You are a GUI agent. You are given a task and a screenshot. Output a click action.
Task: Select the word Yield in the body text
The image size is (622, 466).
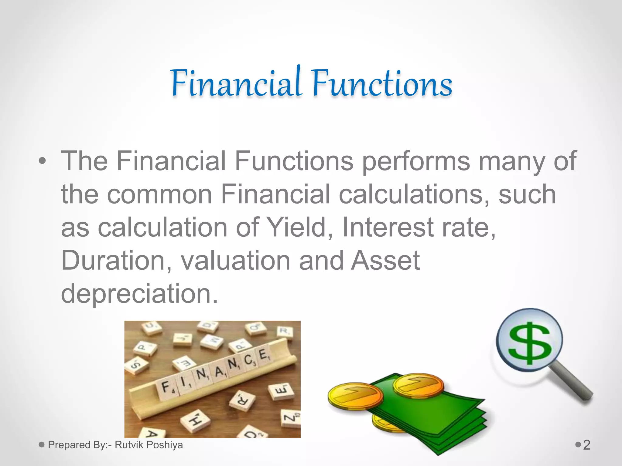click(299, 228)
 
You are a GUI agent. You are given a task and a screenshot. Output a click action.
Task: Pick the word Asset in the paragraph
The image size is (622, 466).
click(385, 261)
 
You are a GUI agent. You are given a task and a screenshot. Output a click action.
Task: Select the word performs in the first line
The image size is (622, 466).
click(416, 161)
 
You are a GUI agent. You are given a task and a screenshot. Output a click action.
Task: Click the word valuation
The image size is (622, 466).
click(235, 261)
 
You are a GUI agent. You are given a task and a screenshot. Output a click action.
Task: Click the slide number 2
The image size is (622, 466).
click(586, 445)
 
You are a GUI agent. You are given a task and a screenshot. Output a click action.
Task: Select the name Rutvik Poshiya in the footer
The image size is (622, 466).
click(149, 445)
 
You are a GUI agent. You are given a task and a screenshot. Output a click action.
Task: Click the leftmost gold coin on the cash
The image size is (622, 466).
click(355, 396)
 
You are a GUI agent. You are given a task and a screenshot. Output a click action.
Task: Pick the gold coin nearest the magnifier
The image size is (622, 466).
click(418, 385)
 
